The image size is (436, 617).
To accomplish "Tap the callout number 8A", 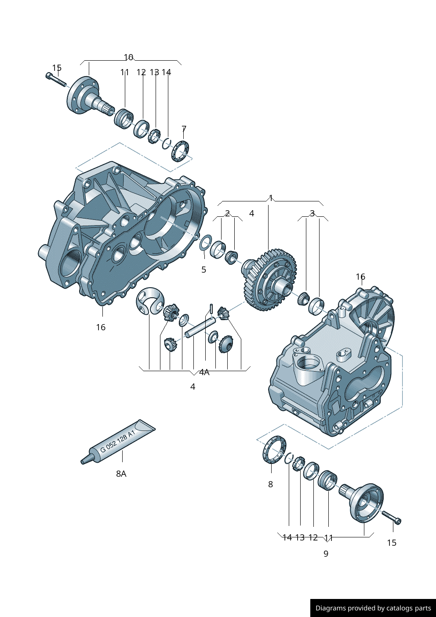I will click(x=121, y=474).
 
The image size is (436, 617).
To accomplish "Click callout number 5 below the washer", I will click(x=203, y=270).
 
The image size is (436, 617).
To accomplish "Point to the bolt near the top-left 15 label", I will click(x=55, y=80).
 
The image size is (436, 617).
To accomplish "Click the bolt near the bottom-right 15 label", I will click(x=391, y=517).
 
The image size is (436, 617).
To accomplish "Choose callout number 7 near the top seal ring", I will click(x=184, y=129).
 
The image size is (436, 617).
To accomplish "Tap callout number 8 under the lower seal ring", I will click(x=270, y=484).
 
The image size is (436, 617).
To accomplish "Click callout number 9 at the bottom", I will click(x=326, y=554).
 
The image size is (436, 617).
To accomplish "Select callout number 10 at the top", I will click(x=128, y=57).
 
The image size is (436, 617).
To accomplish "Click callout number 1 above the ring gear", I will click(x=271, y=198).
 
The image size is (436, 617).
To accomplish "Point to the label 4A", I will click(x=204, y=372).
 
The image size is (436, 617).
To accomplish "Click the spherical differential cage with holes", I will click(x=149, y=301).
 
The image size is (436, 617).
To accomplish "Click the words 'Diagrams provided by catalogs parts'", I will click(x=373, y=608).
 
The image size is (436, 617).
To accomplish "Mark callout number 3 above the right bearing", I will click(x=312, y=214).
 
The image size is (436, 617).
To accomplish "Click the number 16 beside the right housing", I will click(x=360, y=277).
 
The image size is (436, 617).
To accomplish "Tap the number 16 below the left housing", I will click(x=101, y=327).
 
